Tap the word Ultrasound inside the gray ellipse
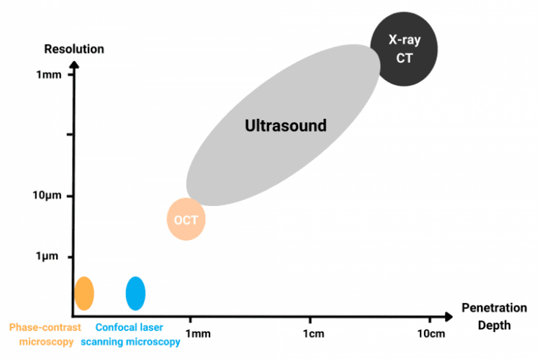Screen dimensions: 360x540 (286, 125)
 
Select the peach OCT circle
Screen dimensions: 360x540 (186, 219)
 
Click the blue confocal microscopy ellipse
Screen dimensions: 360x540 (135, 292)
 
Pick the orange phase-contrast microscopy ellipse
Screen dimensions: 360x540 (84, 292)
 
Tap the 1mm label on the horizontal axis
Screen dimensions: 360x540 (198, 333)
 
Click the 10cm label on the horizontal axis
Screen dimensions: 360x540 (431, 333)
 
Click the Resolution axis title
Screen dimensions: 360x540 (74, 49)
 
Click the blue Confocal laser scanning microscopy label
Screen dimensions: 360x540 (130, 334)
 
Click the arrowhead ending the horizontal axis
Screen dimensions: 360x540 (449, 316)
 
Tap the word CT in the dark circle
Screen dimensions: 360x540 (405, 58)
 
